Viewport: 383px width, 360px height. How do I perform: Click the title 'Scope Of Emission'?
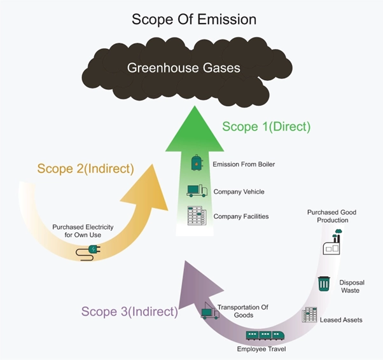(194, 19)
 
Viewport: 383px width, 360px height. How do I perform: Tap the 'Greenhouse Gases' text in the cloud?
(183, 67)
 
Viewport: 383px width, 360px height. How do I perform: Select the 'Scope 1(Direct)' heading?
(266, 127)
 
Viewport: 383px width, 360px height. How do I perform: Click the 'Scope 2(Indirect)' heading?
(85, 169)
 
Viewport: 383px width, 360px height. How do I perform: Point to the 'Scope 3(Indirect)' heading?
(129, 312)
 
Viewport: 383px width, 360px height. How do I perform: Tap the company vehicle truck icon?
(197, 191)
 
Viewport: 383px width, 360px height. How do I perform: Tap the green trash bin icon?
(324, 283)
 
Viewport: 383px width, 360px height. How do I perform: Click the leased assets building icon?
(310, 314)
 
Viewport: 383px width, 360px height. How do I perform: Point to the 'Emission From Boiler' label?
(244, 165)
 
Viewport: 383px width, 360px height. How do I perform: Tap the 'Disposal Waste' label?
(351, 286)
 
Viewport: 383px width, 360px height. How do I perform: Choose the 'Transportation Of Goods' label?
(242, 311)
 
